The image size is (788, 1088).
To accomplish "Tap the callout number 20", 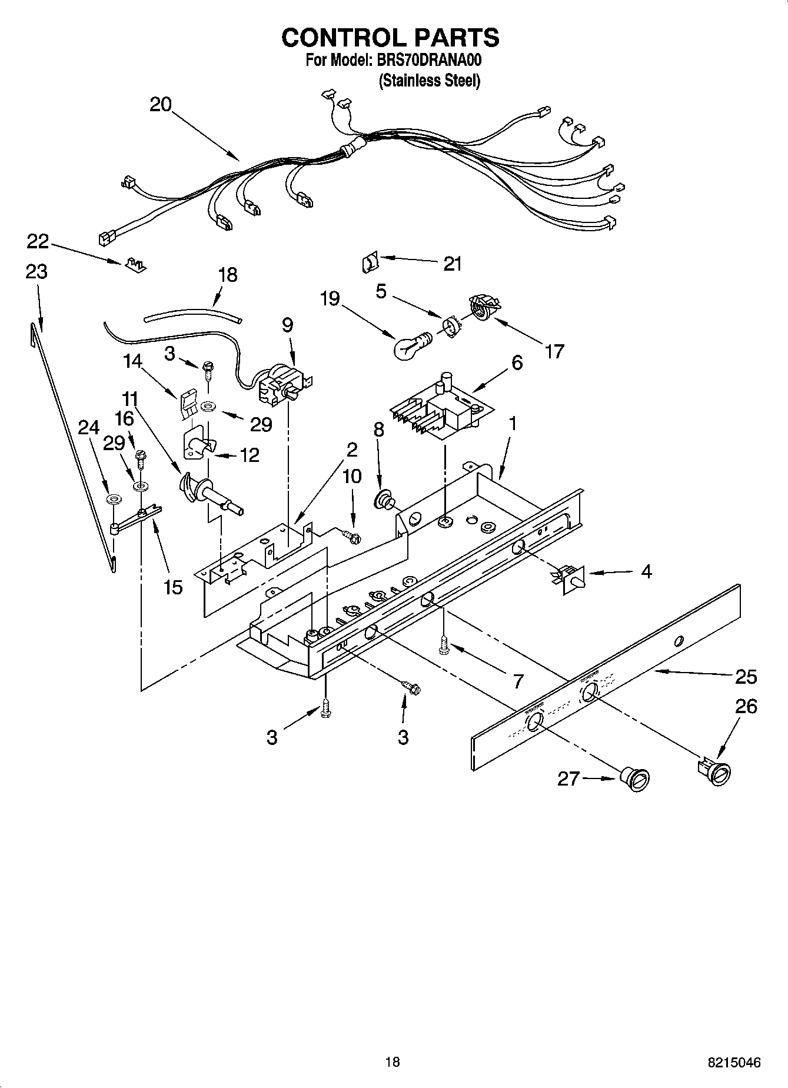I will coord(160,105).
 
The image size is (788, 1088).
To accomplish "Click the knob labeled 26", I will coord(715,771).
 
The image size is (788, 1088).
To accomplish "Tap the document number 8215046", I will coord(734,1063).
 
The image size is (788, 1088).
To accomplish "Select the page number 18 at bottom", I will coord(392,1062).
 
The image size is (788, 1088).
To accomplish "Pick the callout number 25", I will coord(746,677).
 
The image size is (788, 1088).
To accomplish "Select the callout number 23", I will coord(36,272).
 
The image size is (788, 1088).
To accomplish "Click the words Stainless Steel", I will coord(429,81).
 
